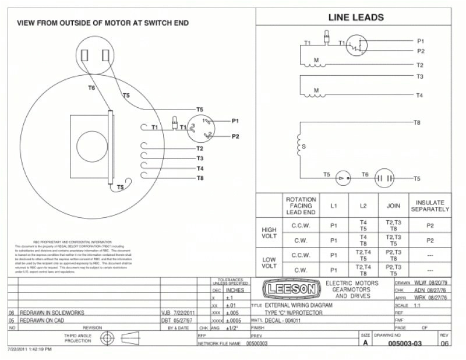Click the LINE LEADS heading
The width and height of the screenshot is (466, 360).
[x=356, y=17]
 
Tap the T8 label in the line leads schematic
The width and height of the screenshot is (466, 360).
[x=416, y=123]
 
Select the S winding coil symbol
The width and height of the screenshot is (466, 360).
[x=298, y=146]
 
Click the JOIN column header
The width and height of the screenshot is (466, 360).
[x=393, y=206]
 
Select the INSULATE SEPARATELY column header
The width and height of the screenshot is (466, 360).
[x=430, y=206]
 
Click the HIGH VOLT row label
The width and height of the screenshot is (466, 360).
[x=269, y=234]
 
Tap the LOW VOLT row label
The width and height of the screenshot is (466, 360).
[x=269, y=263]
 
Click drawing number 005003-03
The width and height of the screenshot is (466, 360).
[x=405, y=344]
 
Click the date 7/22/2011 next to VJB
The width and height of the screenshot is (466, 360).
[x=184, y=313]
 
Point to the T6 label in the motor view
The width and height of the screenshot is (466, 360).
[x=91, y=88]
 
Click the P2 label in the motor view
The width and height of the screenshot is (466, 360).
[x=235, y=136]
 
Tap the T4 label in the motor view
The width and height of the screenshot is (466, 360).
[x=200, y=168]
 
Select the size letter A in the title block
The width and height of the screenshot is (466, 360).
[x=365, y=344]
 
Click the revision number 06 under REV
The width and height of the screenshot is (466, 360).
[x=444, y=344]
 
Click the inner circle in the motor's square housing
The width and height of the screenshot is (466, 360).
[x=90, y=144]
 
